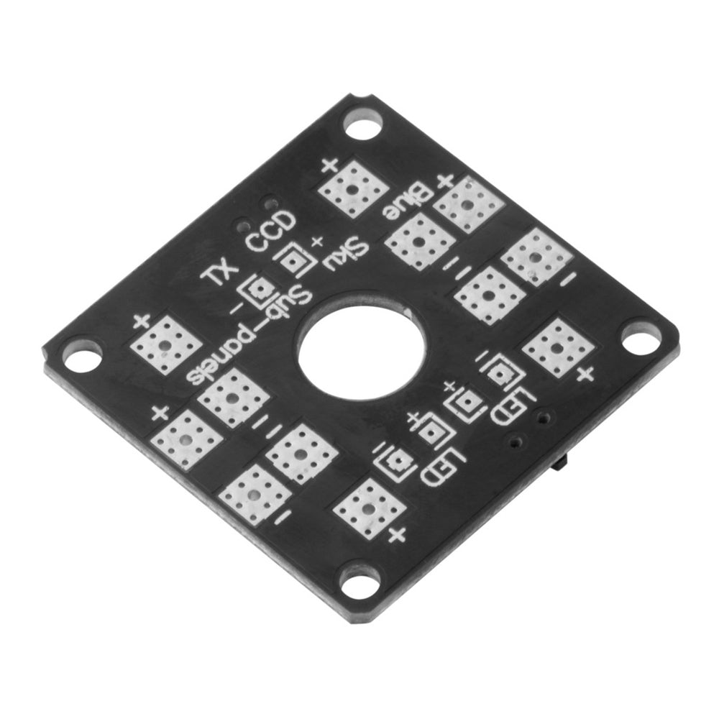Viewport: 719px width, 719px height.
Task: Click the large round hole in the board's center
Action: click(362, 350)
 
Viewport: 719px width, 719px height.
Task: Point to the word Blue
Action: click(408, 204)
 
